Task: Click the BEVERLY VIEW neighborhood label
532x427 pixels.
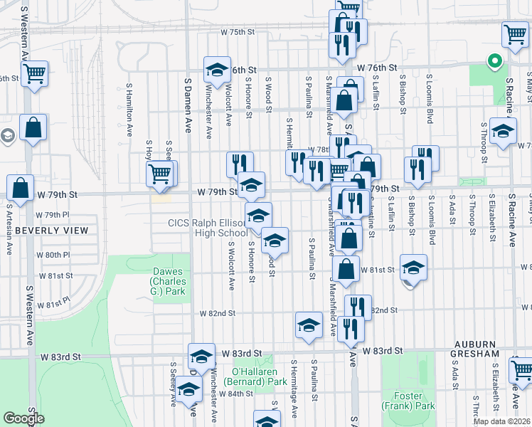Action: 52,231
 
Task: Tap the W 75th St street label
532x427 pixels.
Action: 237,33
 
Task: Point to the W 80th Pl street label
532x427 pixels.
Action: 58,254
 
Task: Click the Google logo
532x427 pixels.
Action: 23,418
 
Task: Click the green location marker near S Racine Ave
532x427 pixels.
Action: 493,62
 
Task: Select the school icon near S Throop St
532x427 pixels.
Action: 503,131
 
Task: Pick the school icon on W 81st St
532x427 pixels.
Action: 413,267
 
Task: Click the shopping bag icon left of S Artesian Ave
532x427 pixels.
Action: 21,188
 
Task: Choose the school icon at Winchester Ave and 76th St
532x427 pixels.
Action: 217,69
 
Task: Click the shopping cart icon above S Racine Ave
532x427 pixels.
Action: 515,33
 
